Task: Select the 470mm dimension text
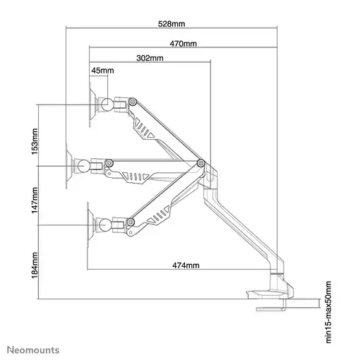183,43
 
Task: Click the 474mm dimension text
185,265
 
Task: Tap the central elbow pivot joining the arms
202,163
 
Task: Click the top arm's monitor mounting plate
92,105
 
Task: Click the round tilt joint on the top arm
107,104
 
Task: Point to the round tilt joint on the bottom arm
106,225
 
